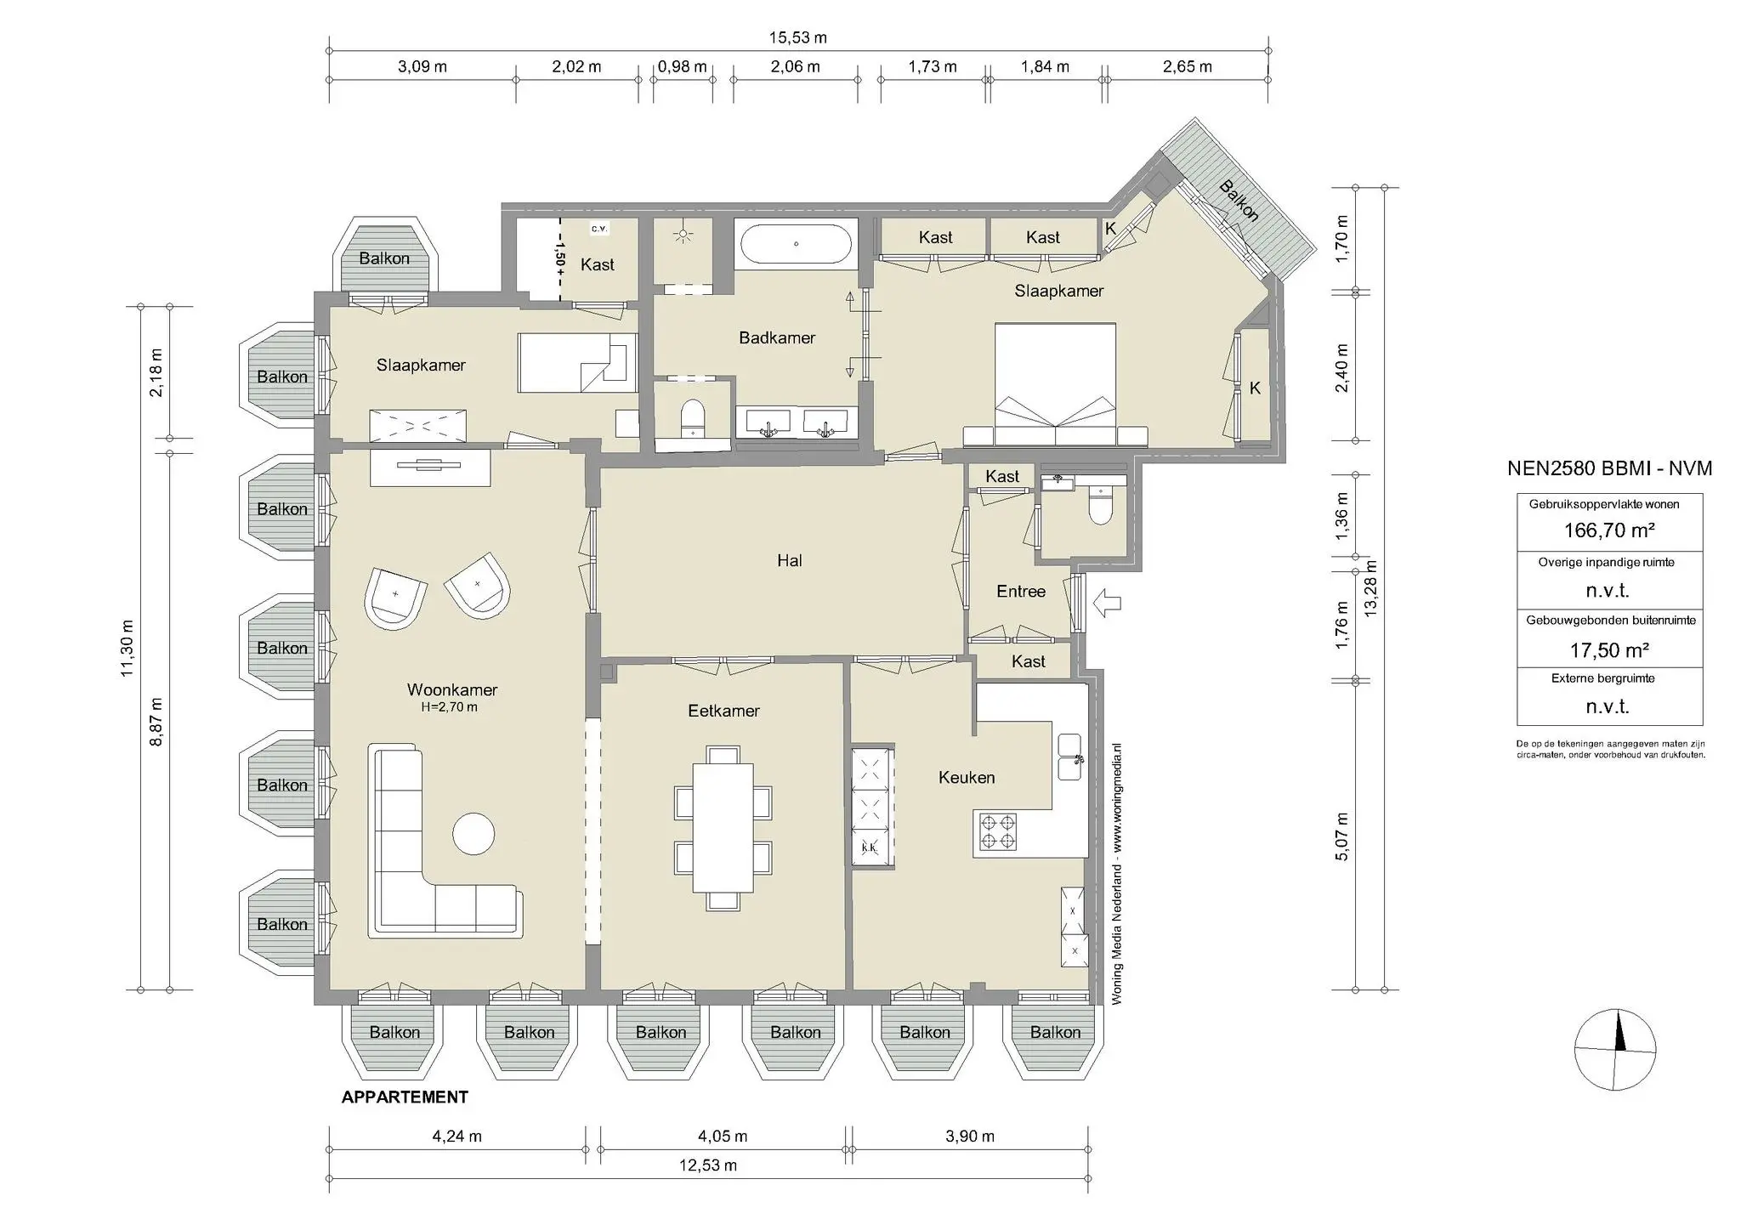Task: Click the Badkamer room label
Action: (776, 337)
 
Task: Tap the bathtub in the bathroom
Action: (796, 245)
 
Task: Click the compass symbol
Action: (1614, 1050)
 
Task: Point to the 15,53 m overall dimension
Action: (797, 37)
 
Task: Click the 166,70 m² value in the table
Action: (1608, 530)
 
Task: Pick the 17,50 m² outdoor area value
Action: (1608, 650)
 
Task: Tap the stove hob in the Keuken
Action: (998, 832)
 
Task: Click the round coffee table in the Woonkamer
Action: (474, 834)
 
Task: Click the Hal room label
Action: (789, 560)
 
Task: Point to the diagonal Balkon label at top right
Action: (1239, 201)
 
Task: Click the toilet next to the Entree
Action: (1101, 507)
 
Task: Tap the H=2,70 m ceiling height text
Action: (449, 707)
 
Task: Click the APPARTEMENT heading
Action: (405, 1097)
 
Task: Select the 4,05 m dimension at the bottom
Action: (723, 1136)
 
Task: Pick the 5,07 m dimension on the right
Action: (1341, 836)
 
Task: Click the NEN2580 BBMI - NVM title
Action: (1608, 468)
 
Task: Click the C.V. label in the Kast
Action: (598, 229)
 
